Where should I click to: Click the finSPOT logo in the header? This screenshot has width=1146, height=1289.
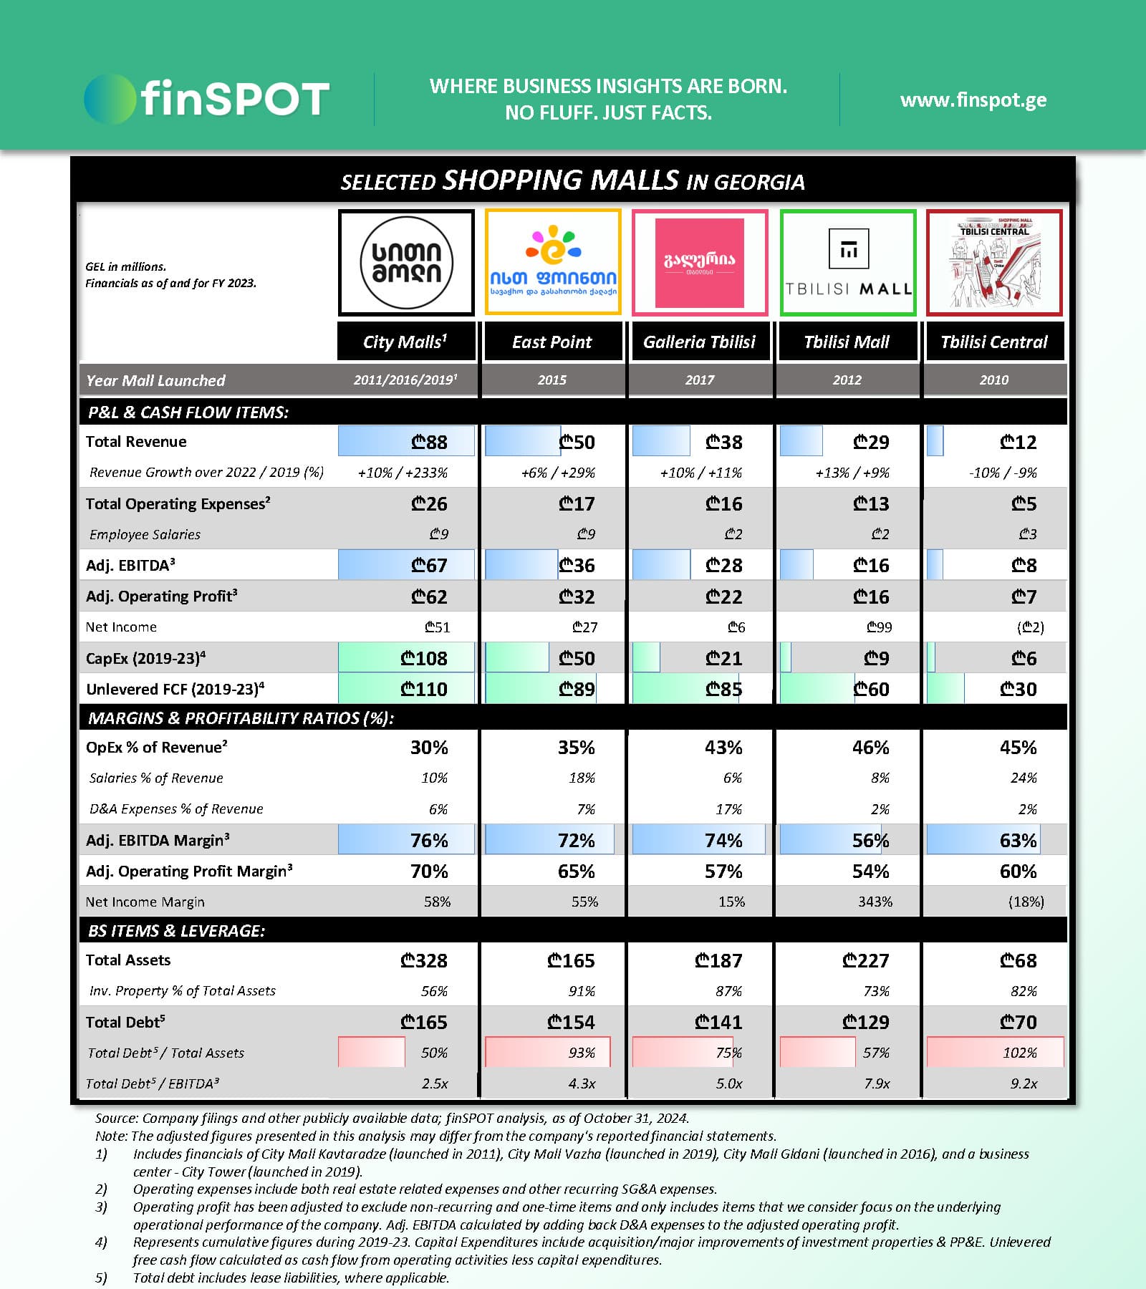coord(206,99)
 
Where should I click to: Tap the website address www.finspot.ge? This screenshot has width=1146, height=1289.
coord(973,100)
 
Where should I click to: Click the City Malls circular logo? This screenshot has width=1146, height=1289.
coord(406,262)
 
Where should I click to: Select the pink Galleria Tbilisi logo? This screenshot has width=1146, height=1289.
coord(699,262)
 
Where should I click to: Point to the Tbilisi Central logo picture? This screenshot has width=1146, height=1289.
coord(993,262)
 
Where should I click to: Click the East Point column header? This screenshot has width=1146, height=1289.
coord(552,342)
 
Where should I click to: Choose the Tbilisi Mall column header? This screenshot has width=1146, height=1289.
coord(847,342)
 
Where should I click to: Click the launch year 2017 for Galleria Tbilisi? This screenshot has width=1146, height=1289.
coord(699,380)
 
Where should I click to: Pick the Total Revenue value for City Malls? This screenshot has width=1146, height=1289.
coord(429,442)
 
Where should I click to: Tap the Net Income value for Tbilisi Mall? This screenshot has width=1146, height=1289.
coord(879,627)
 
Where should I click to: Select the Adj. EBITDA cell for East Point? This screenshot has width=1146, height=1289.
coord(577,566)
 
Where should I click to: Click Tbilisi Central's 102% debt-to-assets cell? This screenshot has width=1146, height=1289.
coord(1019,1053)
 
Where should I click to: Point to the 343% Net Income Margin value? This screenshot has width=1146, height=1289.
coord(875,902)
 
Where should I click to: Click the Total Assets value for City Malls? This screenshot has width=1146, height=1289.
coord(424,960)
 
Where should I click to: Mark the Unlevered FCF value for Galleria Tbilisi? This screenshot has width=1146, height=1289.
coord(723,689)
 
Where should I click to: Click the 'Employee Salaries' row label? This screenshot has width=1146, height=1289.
coord(145,534)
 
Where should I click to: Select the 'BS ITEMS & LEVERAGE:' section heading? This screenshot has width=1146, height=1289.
coord(176,930)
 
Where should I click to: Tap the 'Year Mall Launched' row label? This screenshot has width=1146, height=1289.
coord(155,380)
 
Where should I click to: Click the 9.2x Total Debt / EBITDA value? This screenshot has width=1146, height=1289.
coord(1024,1083)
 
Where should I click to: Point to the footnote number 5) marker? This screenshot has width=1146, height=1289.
coord(101,1278)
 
